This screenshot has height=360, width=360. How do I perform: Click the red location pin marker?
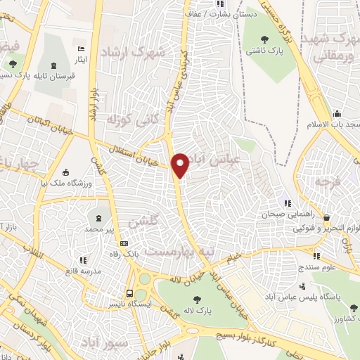pos(181,165)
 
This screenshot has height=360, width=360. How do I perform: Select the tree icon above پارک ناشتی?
pos(265,39)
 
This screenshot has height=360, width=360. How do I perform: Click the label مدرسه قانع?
pos(82,271)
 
